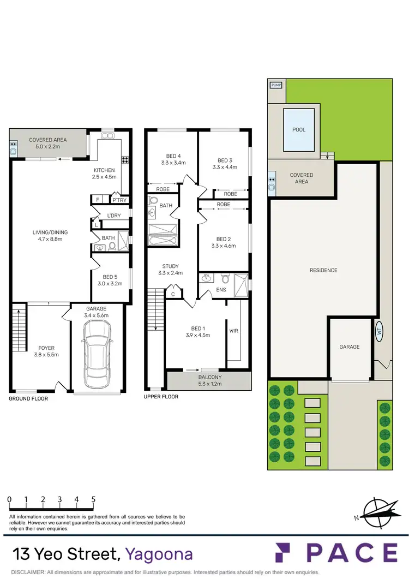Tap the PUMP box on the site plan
pyautogui.click(x=276, y=85)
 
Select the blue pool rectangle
pyautogui.click(x=299, y=130)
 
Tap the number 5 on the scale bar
pyautogui.click(x=93, y=499)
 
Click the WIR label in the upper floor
pyautogui.click(x=234, y=331)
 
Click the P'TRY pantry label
pyautogui.click(x=119, y=200)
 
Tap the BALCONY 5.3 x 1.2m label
pyautogui.click(x=209, y=380)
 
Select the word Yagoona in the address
pyautogui.click(x=159, y=554)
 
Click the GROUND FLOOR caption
pyautogui.click(x=28, y=399)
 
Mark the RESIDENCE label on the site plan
pyautogui.click(x=323, y=270)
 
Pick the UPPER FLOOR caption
pyautogui.click(x=161, y=397)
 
